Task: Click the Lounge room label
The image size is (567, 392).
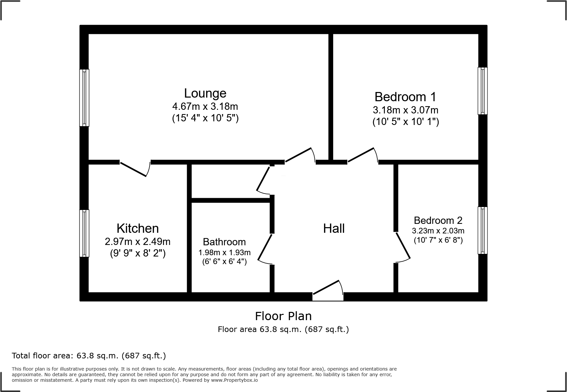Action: click(205, 93)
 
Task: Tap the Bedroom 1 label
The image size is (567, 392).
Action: click(405, 97)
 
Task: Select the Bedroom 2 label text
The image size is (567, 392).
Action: click(438, 220)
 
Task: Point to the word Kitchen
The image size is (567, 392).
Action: click(138, 228)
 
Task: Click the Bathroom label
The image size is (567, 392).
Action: click(224, 242)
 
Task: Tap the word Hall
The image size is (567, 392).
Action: click(334, 228)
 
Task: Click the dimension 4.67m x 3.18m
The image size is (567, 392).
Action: click(205, 106)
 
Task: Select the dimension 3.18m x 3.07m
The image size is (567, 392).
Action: click(405, 110)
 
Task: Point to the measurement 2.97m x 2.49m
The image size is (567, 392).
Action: click(138, 242)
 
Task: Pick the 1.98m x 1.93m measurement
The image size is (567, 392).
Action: click(224, 253)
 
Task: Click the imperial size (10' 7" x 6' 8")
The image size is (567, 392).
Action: click(438, 240)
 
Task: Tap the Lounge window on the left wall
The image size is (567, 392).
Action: click(84, 98)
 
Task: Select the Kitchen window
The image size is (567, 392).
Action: click(84, 233)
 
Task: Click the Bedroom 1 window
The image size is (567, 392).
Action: click(482, 91)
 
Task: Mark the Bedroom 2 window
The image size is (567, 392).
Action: click(482, 230)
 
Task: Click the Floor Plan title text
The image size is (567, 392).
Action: click(283, 316)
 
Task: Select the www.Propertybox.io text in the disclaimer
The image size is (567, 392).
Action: click(234, 380)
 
